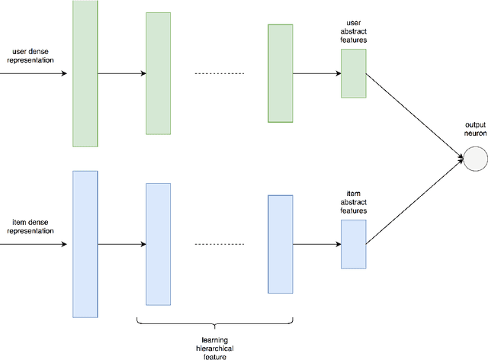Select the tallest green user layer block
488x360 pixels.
(x=85, y=73)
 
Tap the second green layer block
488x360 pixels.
(x=158, y=73)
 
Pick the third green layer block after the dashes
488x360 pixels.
(x=280, y=73)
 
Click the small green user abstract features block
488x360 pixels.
(x=353, y=73)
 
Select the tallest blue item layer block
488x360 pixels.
(x=85, y=244)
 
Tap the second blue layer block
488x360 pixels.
(x=158, y=244)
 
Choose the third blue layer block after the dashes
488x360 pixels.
(x=280, y=244)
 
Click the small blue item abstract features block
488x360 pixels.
(x=353, y=244)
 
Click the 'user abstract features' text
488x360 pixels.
(x=353, y=31)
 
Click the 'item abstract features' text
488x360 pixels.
(x=353, y=201)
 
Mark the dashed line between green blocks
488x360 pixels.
(x=219, y=74)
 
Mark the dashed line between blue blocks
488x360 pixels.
(x=219, y=245)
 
